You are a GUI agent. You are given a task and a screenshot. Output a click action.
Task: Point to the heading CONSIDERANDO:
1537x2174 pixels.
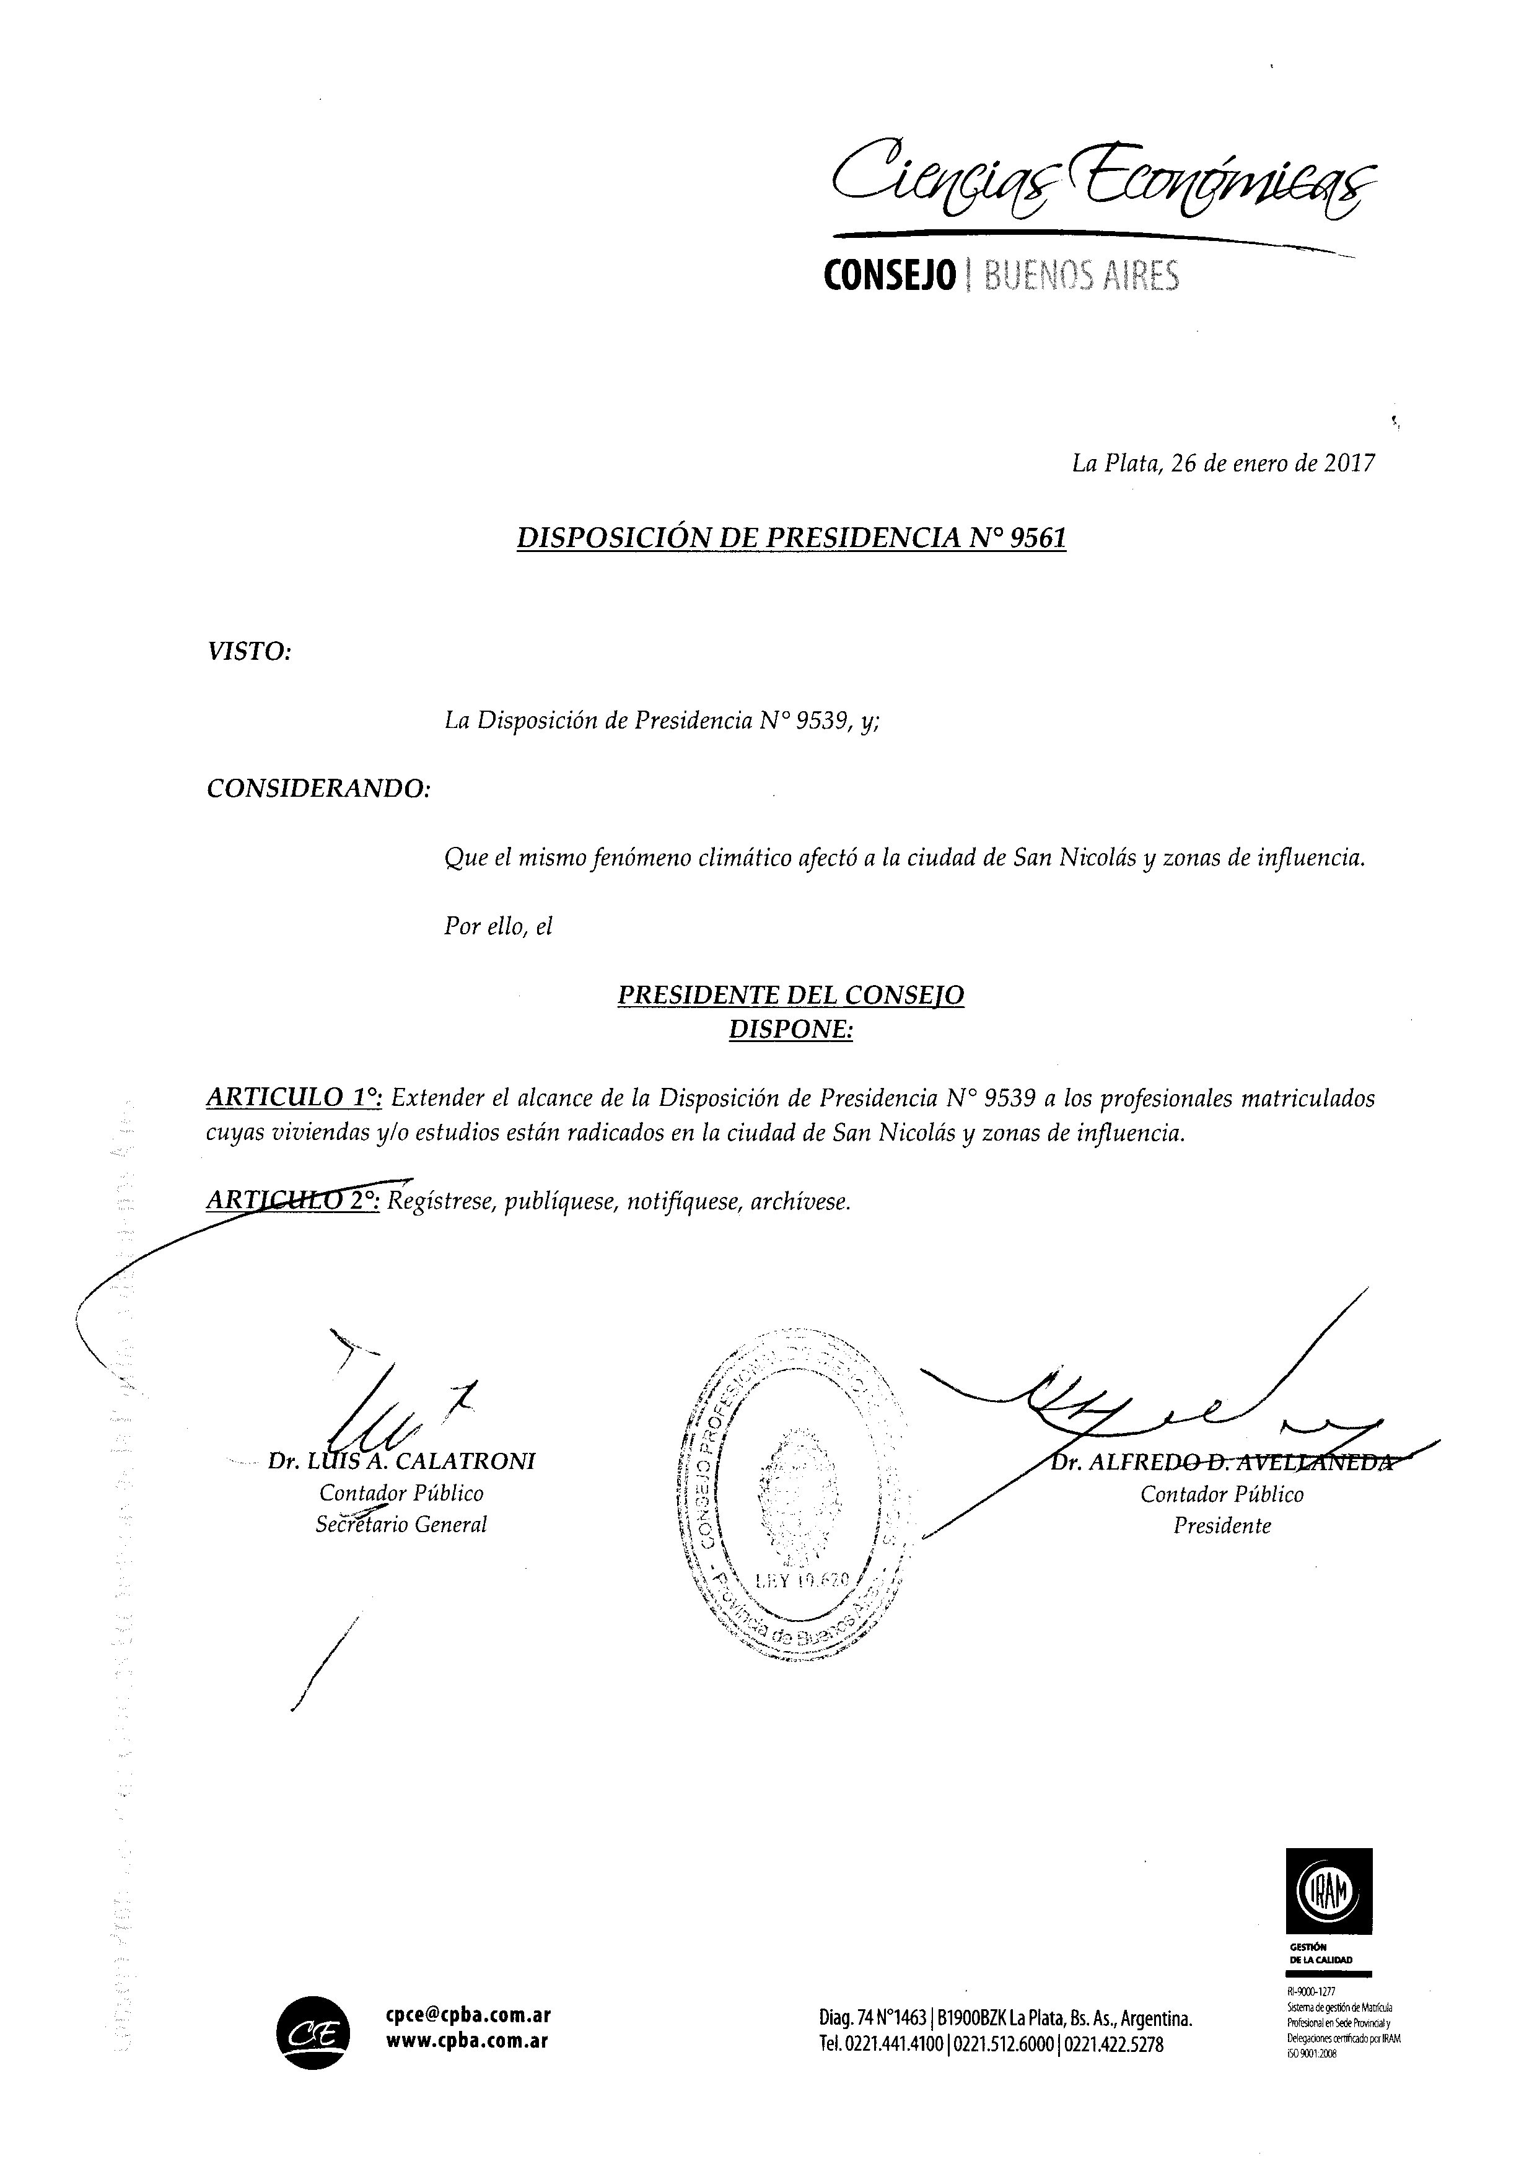[318, 788]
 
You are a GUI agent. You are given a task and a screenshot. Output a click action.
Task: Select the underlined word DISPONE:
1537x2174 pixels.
[790, 1030]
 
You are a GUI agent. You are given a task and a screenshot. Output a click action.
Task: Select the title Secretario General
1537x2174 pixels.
[401, 1525]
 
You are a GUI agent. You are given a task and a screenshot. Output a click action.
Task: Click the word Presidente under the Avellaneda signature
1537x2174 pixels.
[1222, 1525]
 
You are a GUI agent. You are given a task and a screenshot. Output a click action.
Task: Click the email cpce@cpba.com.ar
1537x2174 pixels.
[468, 2016]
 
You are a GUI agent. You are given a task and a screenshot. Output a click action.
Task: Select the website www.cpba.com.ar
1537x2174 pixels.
[467, 2041]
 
